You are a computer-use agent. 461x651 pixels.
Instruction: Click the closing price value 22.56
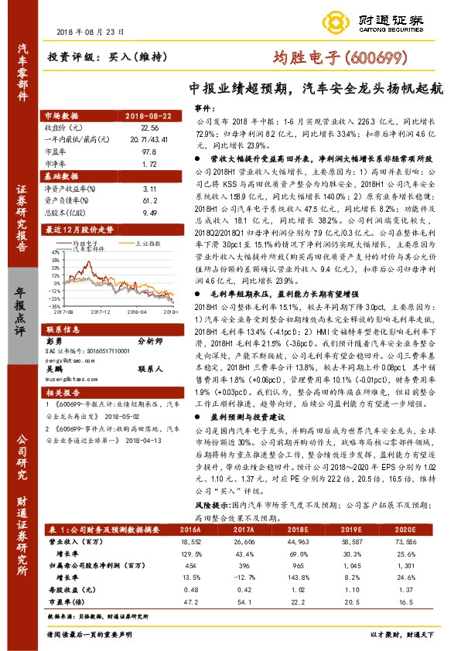pyautogui.click(x=150, y=126)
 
